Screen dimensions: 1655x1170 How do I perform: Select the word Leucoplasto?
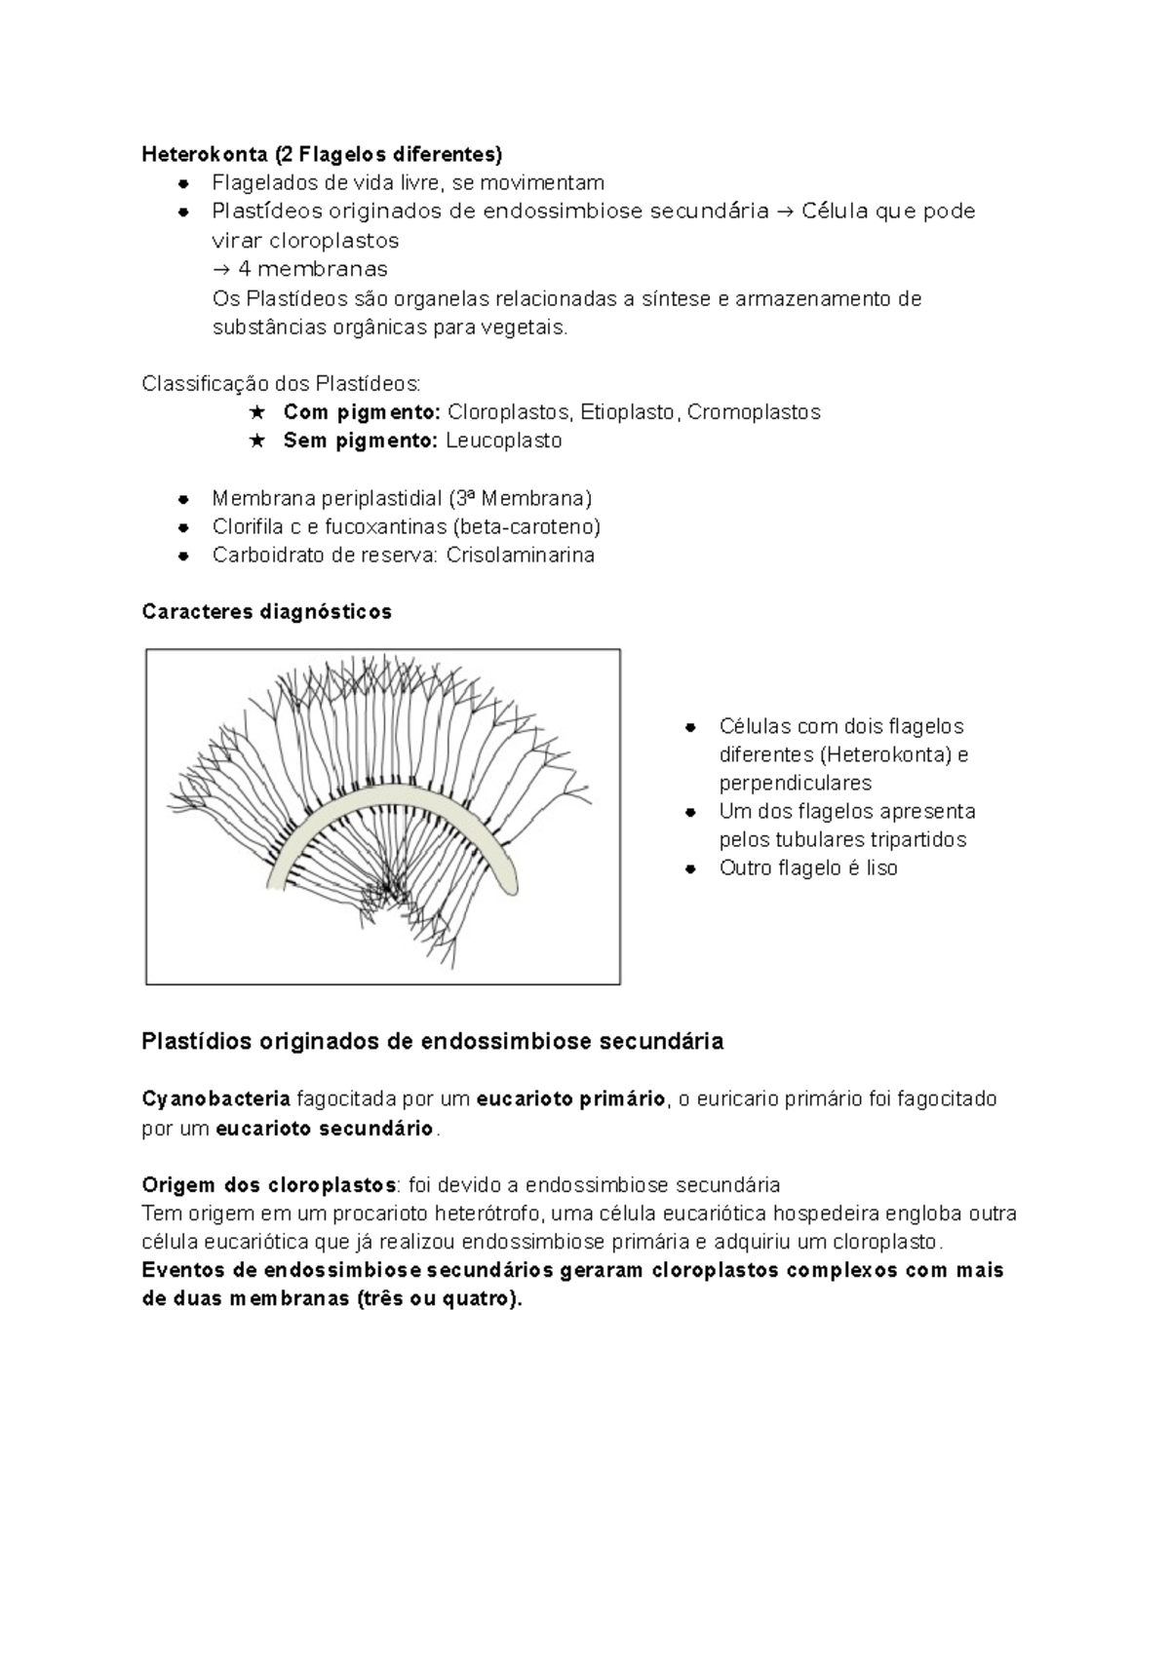[503, 441]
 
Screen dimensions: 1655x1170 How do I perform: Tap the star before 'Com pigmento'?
[257, 412]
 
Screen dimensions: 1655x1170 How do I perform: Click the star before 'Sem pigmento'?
[257, 441]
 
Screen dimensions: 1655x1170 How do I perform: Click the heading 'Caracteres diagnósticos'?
[266, 612]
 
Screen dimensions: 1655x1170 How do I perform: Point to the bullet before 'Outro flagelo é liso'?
[690, 868]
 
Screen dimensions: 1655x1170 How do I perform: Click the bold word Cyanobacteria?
[215, 1099]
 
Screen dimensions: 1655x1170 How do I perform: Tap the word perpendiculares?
[796, 784]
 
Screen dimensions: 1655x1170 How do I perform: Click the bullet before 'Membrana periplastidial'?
[183, 499]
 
